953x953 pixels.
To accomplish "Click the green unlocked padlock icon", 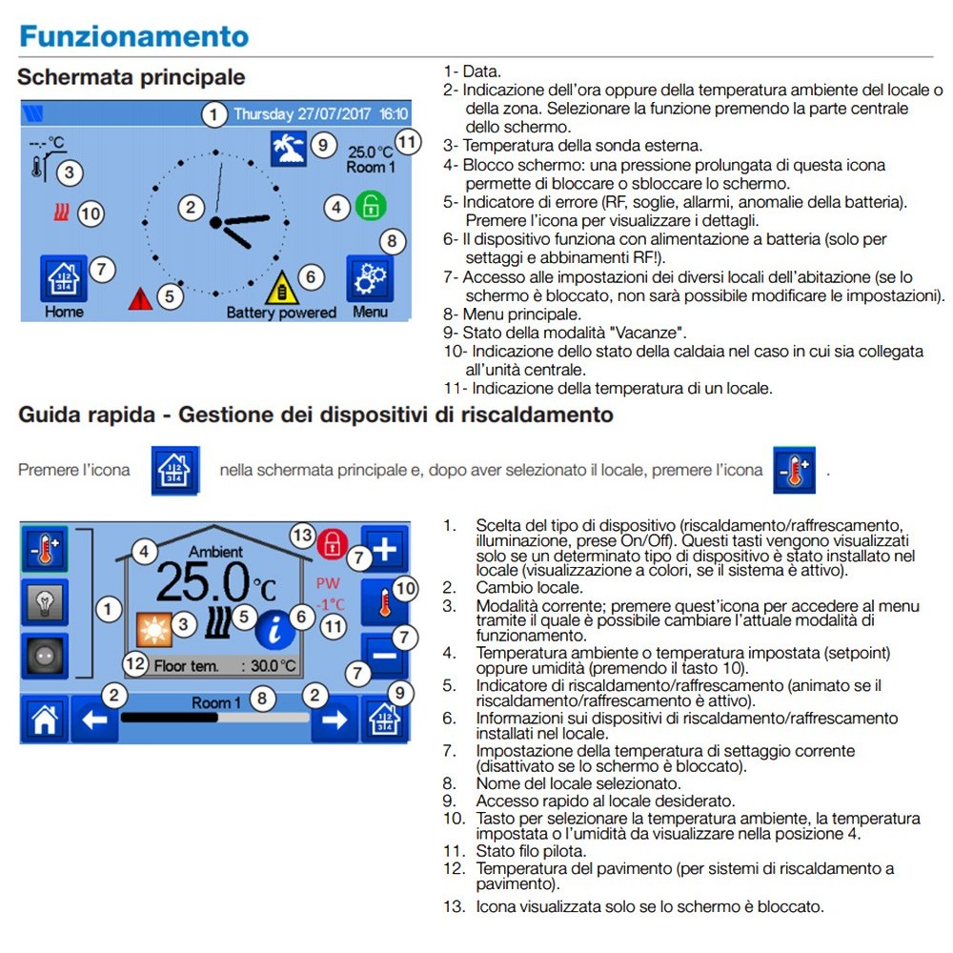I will click(x=367, y=205).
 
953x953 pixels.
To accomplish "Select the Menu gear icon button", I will click(x=369, y=279).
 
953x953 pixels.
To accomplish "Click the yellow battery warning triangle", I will click(x=281, y=288).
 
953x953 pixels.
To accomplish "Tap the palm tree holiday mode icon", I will click(x=288, y=148).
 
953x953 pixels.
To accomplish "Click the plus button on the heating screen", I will click(x=385, y=548).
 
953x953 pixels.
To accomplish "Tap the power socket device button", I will click(x=44, y=658).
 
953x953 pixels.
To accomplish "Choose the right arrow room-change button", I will click(x=335, y=720).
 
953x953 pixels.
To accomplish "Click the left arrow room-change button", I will click(x=94, y=720).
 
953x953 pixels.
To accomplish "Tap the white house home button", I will click(x=44, y=720).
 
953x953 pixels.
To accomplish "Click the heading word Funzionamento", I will click(x=133, y=36).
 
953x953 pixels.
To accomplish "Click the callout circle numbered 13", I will click(x=302, y=536).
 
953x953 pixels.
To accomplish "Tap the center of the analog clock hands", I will click(x=216, y=222).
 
